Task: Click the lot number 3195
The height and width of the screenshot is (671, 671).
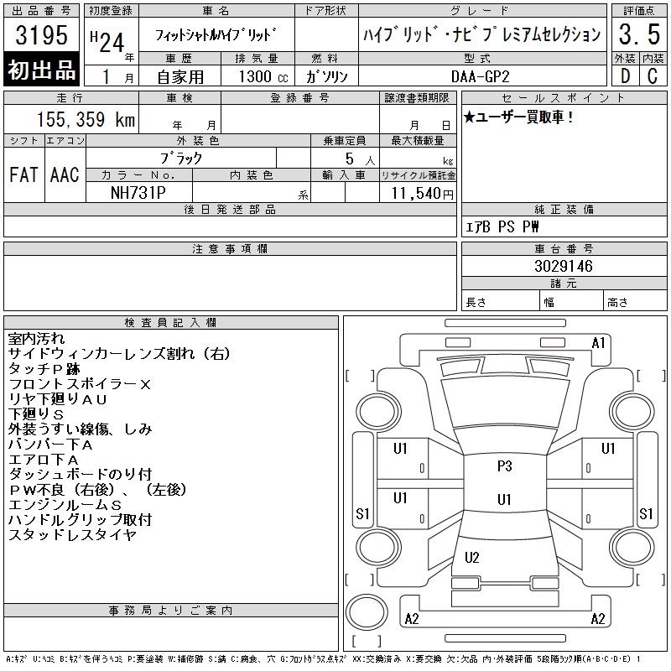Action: (41, 35)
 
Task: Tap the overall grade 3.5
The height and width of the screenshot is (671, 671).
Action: (639, 34)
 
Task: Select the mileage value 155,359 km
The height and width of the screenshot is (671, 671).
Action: (86, 119)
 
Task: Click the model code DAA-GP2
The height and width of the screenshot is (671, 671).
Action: (480, 76)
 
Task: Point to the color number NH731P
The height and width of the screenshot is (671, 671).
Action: (138, 193)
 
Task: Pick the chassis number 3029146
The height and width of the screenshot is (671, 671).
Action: (564, 266)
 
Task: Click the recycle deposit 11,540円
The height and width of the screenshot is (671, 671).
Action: (423, 194)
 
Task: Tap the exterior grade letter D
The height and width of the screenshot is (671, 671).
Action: (625, 76)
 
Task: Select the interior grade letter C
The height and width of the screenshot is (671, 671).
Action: (653, 76)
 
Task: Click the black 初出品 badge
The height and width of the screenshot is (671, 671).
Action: (41, 70)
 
